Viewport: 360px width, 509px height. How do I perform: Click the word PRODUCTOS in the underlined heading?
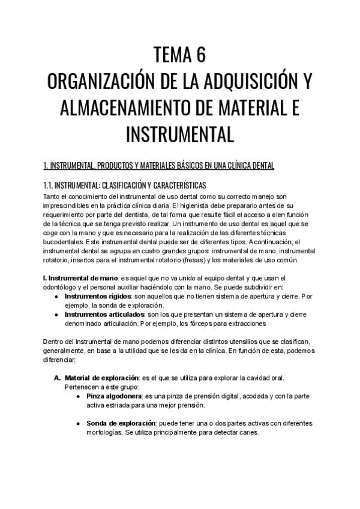115,166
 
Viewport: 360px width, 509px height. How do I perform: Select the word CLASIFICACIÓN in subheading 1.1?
123,185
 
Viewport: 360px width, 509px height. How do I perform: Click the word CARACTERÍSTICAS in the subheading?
179,185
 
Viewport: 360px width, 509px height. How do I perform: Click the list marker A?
58,378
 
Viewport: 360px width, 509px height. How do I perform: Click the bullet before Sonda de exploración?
79,423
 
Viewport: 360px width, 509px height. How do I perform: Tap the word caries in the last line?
246,432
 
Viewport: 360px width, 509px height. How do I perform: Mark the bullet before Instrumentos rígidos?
56,297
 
